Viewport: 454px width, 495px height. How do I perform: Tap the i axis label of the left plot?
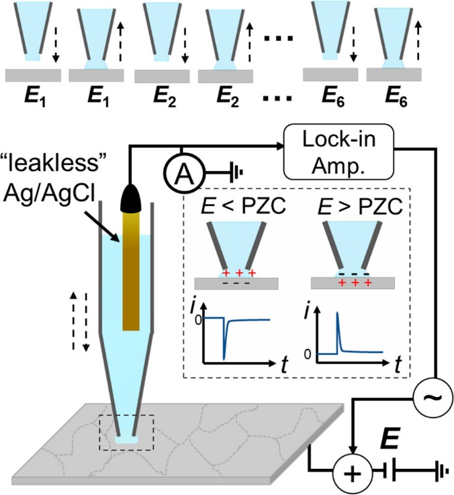coord(199,309)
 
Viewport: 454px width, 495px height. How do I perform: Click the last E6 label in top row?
coord(392,99)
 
